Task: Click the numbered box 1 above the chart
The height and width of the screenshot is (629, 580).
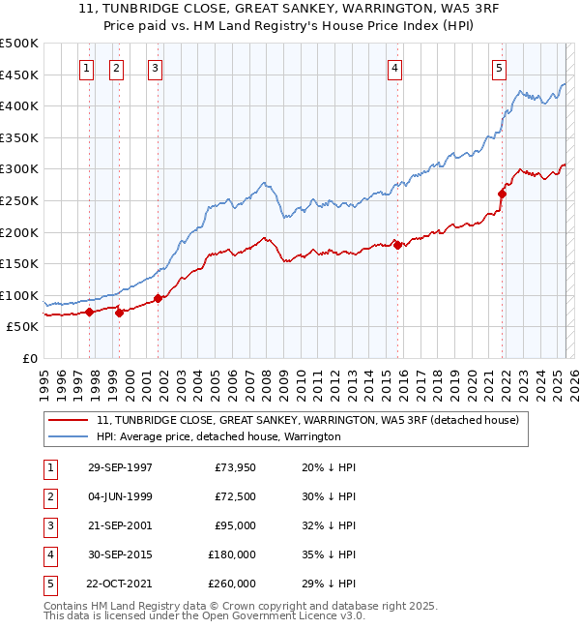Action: (x=87, y=68)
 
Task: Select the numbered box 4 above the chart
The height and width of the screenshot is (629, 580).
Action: (x=396, y=68)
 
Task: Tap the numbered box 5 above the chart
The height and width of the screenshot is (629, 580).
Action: (x=499, y=68)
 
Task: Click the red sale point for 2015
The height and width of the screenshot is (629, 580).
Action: (x=397, y=245)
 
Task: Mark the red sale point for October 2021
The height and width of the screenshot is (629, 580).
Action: (x=502, y=194)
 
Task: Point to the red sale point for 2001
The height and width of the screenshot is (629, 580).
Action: (x=158, y=298)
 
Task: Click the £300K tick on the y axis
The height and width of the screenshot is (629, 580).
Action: (x=20, y=169)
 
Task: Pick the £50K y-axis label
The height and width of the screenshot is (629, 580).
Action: (x=23, y=328)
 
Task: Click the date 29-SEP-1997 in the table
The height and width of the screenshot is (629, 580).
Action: (x=120, y=467)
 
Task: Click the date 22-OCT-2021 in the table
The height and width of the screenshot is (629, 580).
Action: (x=120, y=584)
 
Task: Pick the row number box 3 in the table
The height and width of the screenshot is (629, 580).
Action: (x=48, y=525)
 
